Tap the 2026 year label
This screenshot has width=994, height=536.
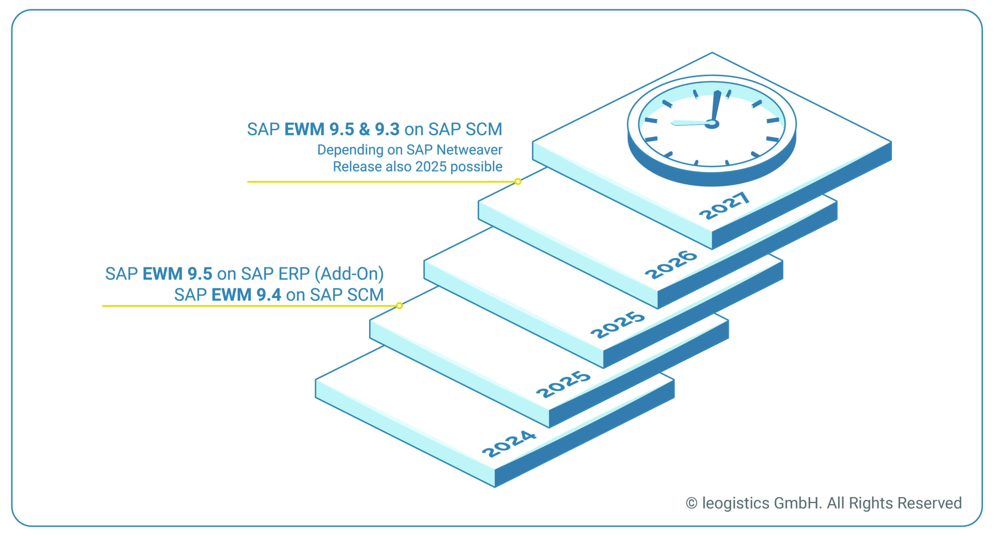[670, 265]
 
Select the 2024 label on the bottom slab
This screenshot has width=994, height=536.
[509, 444]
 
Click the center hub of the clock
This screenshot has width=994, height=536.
[712, 124]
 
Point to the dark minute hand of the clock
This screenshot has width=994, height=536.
[716, 105]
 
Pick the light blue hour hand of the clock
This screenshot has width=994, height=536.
[690, 122]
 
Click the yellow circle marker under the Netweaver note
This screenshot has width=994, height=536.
[518, 181]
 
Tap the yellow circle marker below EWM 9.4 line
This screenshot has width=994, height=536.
[399, 305]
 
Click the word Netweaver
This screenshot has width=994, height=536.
[469, 150]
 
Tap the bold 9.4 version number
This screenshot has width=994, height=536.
[269, 295]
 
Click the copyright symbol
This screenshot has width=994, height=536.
[691, 503]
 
